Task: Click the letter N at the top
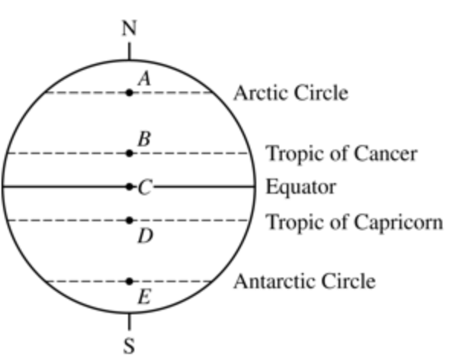(129, 28)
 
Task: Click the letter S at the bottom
(129, 346)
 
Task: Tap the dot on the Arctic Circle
(130, 92)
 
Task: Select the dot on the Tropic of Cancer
(130, 153)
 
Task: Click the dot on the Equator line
(130, 187)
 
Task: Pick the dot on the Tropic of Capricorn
(130, 220)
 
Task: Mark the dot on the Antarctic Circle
(130, 281)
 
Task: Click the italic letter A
(144, 79)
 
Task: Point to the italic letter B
(144, 139)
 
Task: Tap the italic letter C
(145, 188)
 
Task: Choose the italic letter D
(146, 236)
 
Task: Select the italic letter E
(144, 297)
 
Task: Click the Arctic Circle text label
(291, 93)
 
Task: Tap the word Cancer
(386, 154)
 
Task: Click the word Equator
(300, 188)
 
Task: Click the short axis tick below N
(129, 51)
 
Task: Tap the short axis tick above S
(129, 322)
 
